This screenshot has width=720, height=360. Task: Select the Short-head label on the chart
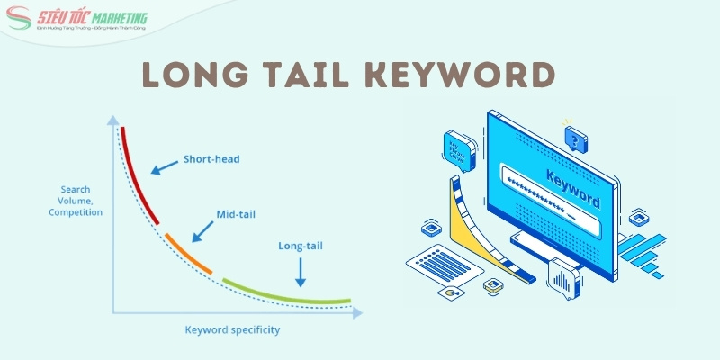211,159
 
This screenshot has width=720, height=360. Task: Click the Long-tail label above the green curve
301,244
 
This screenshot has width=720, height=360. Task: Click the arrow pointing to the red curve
163,167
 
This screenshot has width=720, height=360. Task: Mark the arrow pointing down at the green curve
300,269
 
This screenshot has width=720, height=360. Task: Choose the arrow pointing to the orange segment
202,231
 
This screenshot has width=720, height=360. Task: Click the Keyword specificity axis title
232,329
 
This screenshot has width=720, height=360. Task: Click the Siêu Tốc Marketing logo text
100,19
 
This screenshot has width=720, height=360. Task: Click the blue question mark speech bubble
575,138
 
